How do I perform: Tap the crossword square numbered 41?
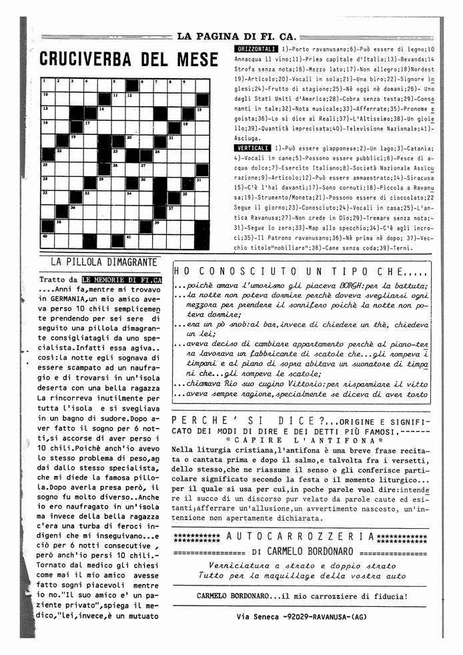coord(132,240)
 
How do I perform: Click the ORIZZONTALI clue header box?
coord(256,49)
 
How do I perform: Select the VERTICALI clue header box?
coord(252,147)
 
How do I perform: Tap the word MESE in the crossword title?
coord(197,59)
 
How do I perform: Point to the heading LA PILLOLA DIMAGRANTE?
coord(103,262)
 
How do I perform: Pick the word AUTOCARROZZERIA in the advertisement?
coord(300,537)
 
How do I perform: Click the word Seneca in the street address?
coord(264,617)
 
